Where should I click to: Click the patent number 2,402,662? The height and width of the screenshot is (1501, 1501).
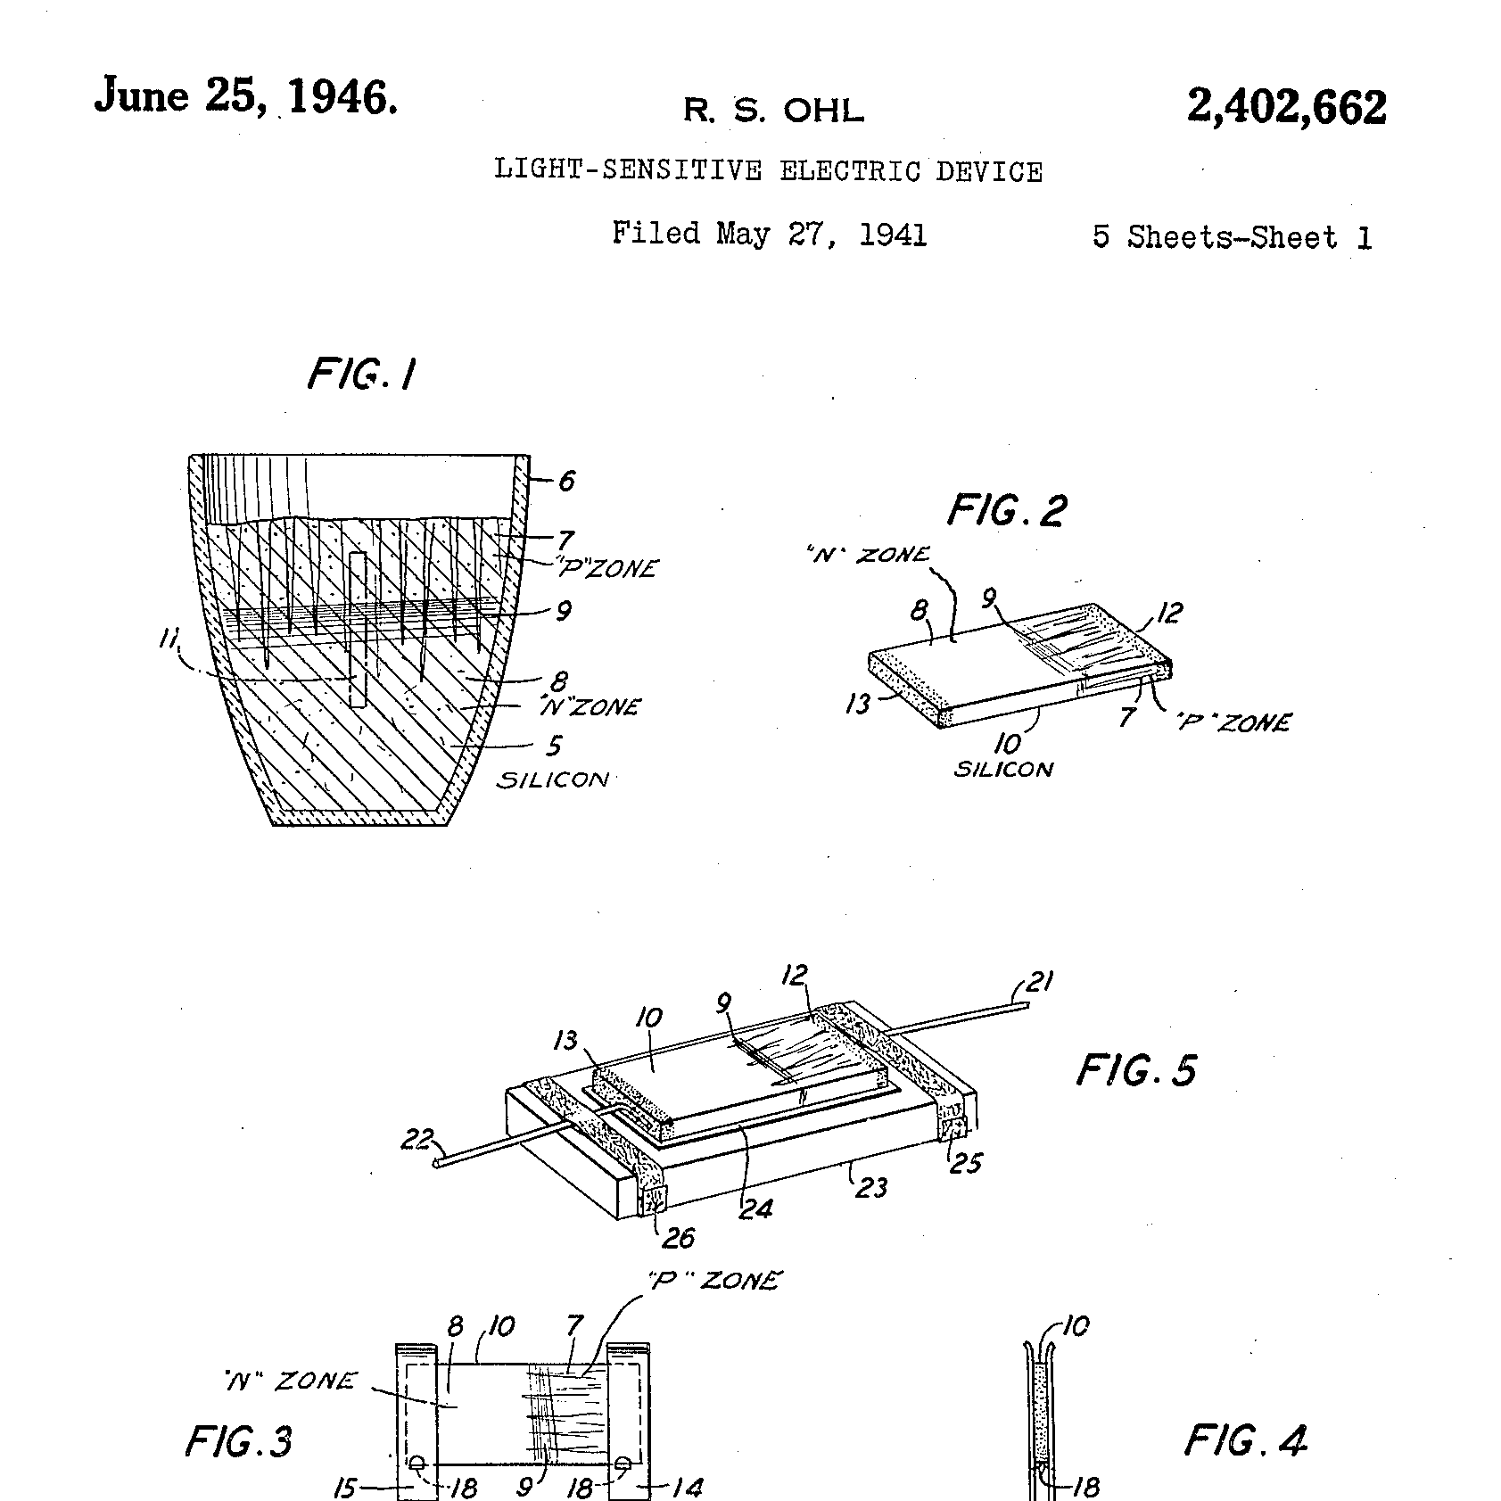1286,108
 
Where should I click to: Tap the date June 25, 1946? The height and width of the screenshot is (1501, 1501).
246,96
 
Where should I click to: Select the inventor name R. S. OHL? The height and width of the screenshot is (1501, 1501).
773,111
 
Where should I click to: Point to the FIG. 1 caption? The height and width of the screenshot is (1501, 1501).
362,375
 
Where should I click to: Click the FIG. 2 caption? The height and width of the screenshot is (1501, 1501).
1007,511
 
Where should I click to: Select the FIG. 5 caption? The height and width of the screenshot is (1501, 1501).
1136,1069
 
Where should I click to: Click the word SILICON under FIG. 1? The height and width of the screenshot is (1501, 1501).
553,779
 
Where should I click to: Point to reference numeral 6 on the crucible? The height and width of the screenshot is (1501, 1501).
566,482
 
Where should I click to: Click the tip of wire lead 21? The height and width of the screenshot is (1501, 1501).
1027,1004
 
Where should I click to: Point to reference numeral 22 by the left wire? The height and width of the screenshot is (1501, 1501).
416,1139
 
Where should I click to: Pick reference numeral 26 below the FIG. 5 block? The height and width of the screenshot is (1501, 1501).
677,1237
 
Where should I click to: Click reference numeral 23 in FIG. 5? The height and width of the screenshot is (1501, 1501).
870,1186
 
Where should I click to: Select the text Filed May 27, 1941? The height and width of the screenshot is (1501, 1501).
770,234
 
